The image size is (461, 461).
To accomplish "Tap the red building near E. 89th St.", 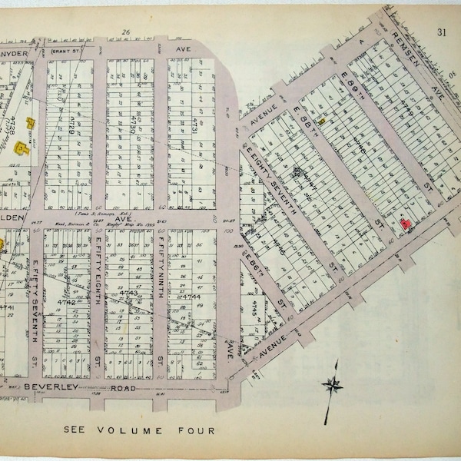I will [x=403, y=224].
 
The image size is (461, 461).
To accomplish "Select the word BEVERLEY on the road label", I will [x=47, y=388].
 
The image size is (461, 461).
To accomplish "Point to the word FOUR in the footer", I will [x=197, y=430].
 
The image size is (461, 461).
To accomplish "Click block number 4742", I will [x=68, y=302].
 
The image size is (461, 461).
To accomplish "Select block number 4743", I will [x=129, y=294].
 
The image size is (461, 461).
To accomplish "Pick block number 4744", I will [x=190, y=295].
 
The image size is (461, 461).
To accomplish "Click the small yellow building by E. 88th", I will [x=323, y=120].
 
